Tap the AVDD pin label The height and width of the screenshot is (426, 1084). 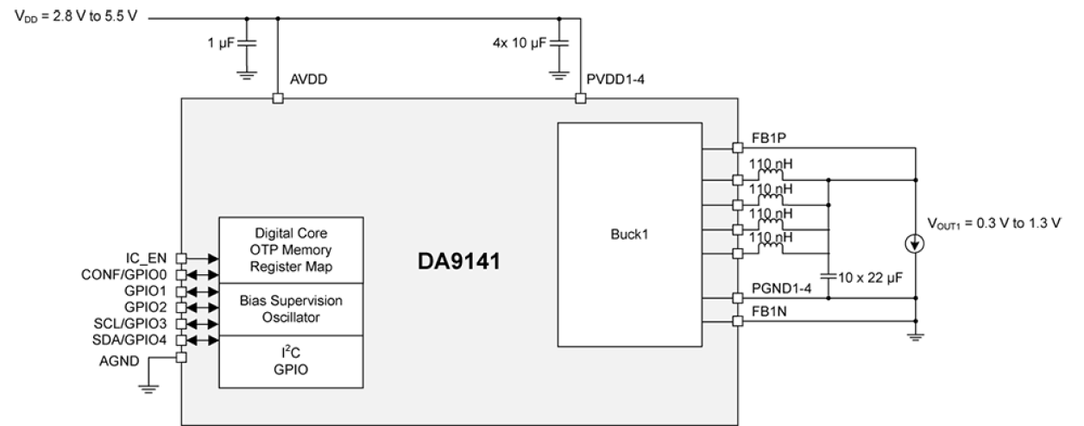click(309, 80)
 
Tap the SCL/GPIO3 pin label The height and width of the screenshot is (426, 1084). click(130, 323)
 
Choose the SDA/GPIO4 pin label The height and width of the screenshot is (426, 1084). click(130, 340)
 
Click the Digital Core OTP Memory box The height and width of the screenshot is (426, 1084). click(291, 250)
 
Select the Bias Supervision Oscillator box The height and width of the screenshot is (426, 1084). click(291, 309)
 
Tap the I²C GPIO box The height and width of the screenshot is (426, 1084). click(291, 361)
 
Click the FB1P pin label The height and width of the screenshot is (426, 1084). click(768, 137)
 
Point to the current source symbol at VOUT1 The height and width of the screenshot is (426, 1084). click(914, 245)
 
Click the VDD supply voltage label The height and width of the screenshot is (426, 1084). click(76, 17)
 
